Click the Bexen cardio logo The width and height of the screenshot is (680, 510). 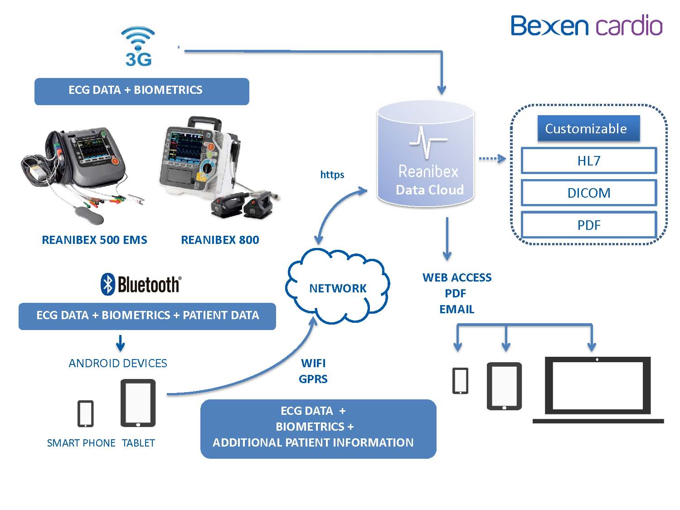point(586,25)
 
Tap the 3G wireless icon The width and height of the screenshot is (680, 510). point(138,47)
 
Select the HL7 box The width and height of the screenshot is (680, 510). point(588,160)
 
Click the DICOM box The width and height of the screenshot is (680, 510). point(588,193)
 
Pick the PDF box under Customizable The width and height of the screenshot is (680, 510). point(588,225)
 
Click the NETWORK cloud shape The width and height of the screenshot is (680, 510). point(337,288)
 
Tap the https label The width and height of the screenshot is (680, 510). point(332,175)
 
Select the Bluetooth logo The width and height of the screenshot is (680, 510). point(141,285)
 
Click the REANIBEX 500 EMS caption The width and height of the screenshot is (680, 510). point(94,240)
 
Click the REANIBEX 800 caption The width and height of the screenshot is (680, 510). point(220,240)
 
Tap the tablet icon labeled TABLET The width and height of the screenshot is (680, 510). point(138,403)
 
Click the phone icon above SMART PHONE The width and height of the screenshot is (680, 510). point(85,413)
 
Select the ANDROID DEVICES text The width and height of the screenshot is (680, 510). point(118,363)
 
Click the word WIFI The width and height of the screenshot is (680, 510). point(313,363)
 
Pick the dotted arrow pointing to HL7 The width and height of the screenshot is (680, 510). point(492,159)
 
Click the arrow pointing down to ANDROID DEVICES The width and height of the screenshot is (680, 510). point(120,344)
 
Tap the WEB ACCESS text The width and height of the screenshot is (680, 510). point(457,277)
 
